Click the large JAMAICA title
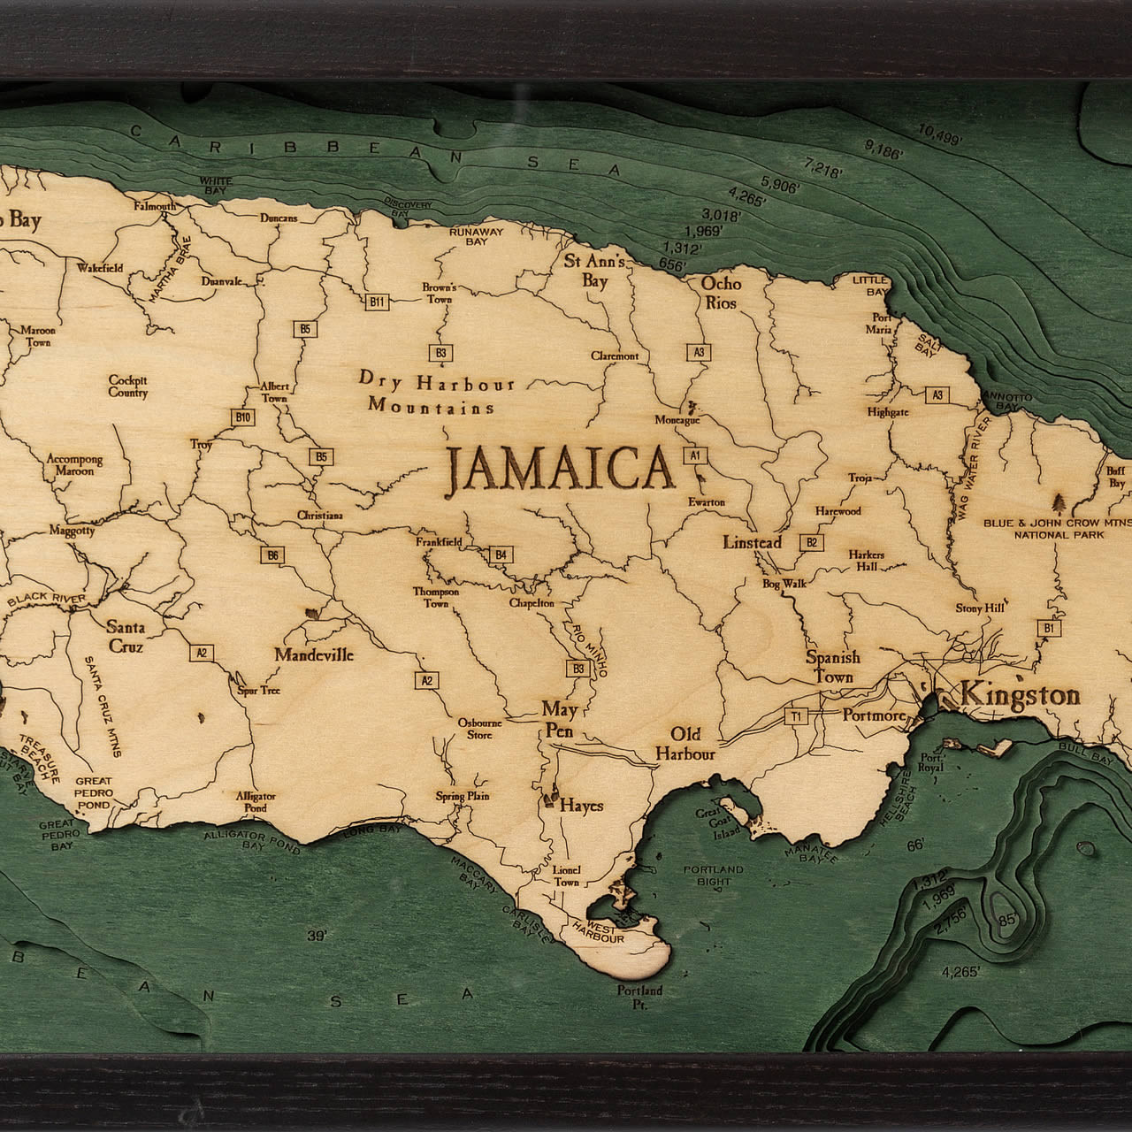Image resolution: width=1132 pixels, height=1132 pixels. (x=559, y=468)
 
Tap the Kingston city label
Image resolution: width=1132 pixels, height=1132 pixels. (x=1020, y=695)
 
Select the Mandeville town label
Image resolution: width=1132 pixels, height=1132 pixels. (x=313, y=655)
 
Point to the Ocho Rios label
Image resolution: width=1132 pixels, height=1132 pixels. (x=721, y=293)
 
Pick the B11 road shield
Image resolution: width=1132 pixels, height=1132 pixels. (x=378, y=302)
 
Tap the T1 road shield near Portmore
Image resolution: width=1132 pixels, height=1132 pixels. (x=798, y=715)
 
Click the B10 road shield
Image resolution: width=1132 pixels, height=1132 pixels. (x=243, y=417)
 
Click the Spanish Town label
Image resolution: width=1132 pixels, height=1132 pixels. (x=832, y=668)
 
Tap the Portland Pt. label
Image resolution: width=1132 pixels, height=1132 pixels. (x=639, y=997)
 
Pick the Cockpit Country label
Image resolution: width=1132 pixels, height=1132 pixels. (x=128, y=386)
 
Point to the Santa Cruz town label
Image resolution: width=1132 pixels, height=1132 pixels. (x=126, y=636)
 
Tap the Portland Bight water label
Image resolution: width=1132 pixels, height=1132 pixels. (x=714, y=876)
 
